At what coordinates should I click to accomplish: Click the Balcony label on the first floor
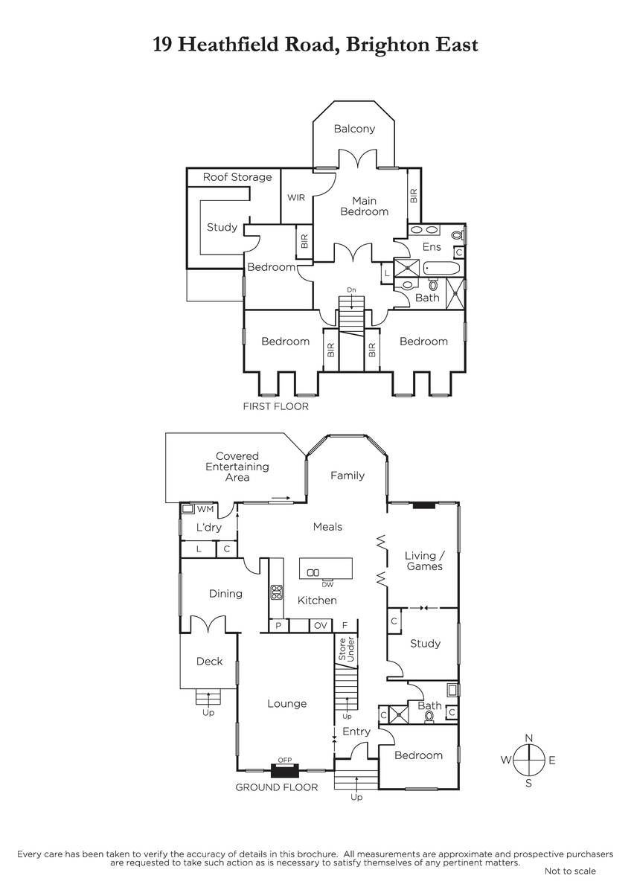click(x=354, y=129)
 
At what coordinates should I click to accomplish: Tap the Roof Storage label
click(x=237, y=177)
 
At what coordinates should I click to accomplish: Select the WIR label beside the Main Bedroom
click(x=295, y=198)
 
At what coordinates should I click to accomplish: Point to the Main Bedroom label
click(x=365, y=206)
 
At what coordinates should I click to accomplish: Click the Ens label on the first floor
click(x=432, y=247)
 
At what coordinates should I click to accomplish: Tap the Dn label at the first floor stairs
click(x=351, y=289)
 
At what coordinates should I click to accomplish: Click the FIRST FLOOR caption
click(x=275, y=407)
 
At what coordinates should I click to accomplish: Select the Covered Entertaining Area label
click(x=237, y=467)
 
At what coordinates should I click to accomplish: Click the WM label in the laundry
click(x=205, y=509)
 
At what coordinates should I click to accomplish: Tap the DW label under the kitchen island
click(x=327, y=584)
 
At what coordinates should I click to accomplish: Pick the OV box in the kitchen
click(x=321, y=626)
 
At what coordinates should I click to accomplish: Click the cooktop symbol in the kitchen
click(x=277, y=592)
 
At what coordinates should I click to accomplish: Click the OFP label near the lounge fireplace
click(x=284, y=760)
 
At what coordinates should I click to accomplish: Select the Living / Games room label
click(x=424, y=560)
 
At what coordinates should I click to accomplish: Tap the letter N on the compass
click(x=529, y=737)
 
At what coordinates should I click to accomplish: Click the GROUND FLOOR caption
click(x=277, y=787)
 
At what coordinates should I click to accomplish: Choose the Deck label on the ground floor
click(x=209, y=661)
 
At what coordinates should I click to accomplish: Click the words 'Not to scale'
click(x=570, y=871)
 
